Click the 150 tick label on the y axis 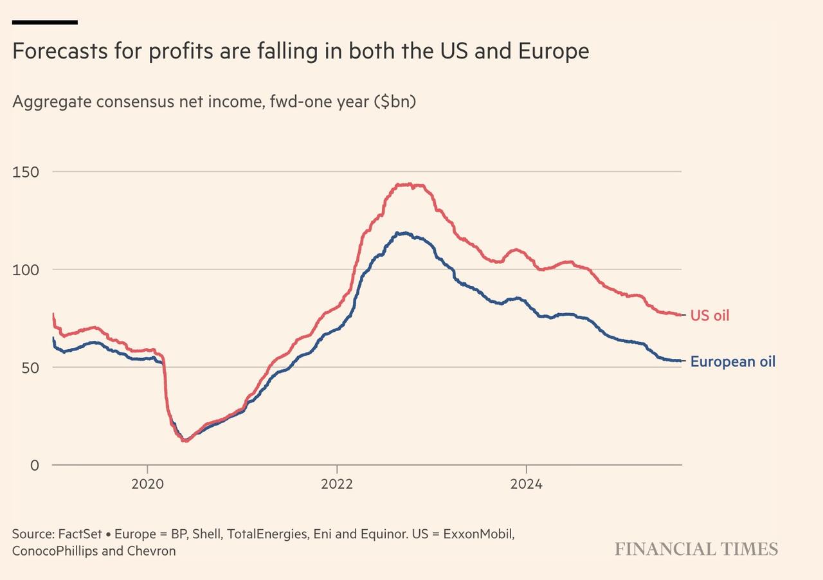[25, 172]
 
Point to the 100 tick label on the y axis [25, 269]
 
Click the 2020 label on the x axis [147, 484]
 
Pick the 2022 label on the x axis [337, 484]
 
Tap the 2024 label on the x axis [526, 484]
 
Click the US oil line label [710, 316]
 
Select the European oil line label [732, 361]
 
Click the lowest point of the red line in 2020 [185, 440]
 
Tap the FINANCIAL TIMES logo [696, 549]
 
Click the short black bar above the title [45, 23]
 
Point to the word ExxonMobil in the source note [483, 534]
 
